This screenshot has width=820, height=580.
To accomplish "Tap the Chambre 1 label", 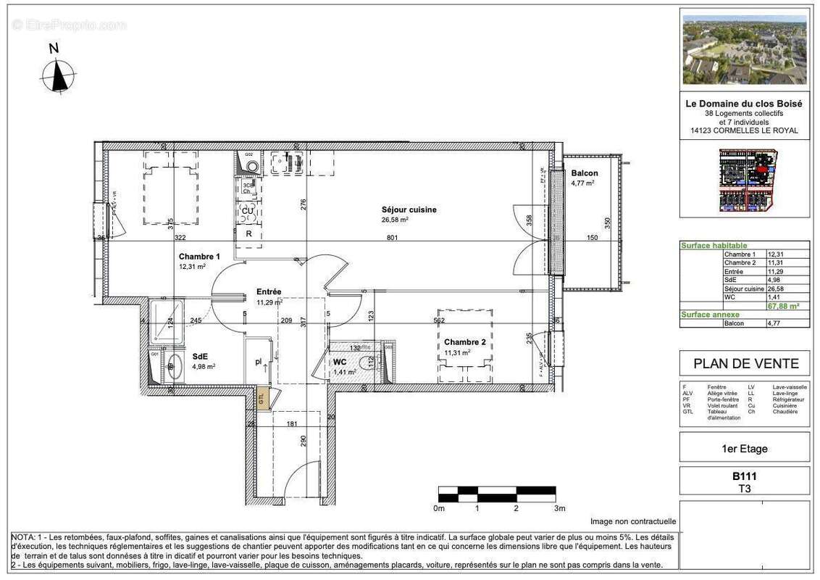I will click(x=199, y=257).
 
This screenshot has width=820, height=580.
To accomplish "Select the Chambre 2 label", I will click(x=464, y=342).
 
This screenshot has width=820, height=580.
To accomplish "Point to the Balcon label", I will click(x=585, y=173).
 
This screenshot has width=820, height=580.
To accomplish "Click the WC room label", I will click(x=340, y=362).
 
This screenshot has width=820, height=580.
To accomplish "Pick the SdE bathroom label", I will click(x=200, y=356).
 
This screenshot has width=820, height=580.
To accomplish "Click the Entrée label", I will click(x=268, y=292).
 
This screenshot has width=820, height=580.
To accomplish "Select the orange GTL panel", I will click(x=262, y=397).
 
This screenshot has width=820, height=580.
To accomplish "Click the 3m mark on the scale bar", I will click(x=559, y=508).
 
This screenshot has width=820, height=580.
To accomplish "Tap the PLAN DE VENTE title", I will click(x=746, y=364).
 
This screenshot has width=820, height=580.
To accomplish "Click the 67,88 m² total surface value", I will click(x=787, y=306).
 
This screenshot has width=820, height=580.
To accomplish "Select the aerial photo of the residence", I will click(x=745, y=50).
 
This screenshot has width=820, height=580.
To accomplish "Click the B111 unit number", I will click(x=745, y=476).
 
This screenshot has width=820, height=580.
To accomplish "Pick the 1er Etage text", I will click(x=745, y=449).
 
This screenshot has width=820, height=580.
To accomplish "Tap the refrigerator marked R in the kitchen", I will click(x=248, y=234).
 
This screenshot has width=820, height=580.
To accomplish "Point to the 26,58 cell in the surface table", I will click(x=777, y=289).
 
